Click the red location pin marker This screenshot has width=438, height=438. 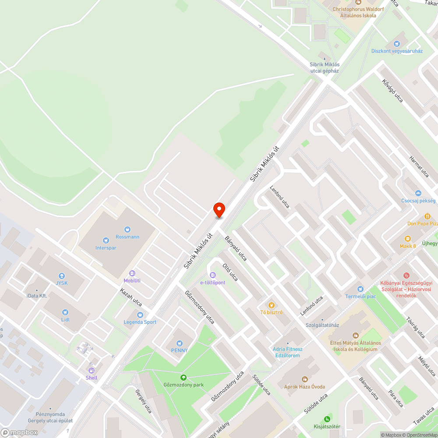point(219,210)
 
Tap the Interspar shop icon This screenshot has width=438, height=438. point(106,240)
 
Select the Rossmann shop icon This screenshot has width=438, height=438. point(127,229)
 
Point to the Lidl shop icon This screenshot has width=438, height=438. point(65,312)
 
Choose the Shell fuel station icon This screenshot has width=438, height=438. point(92,371)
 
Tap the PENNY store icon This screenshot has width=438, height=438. point(179,343)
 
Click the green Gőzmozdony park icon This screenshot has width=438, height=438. point(183,378)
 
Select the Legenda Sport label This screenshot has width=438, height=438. point(140,322)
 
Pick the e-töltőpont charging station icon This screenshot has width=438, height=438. point(213,275)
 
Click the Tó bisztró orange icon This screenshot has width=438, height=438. point(272,305)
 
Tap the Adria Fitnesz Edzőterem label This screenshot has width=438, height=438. point(287,352)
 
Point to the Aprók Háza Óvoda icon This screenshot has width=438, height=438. point(305,379)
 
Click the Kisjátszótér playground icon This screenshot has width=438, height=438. point(327,419)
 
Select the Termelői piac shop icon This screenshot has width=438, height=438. point(360,289)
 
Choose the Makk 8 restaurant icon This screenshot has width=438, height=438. point(408,239)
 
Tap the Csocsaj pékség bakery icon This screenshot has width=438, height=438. point(418,193)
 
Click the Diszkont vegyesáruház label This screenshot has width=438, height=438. point(397,51)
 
